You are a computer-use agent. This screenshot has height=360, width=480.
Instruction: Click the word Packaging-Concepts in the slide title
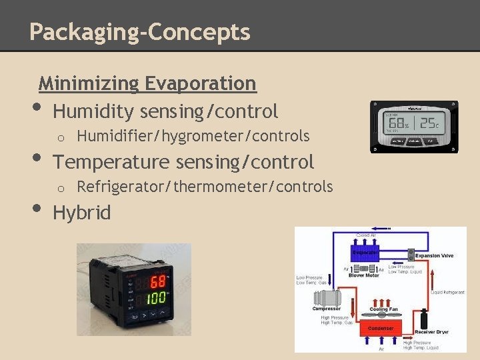tap(140, 31)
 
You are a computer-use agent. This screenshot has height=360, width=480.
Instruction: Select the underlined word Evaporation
tap(200, 83)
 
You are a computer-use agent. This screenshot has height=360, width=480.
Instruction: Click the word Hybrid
tap(81, 213)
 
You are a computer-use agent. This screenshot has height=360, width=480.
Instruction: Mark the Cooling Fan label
tap(383, 310)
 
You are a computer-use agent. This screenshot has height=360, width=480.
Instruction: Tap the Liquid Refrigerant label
tap(448, 292)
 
